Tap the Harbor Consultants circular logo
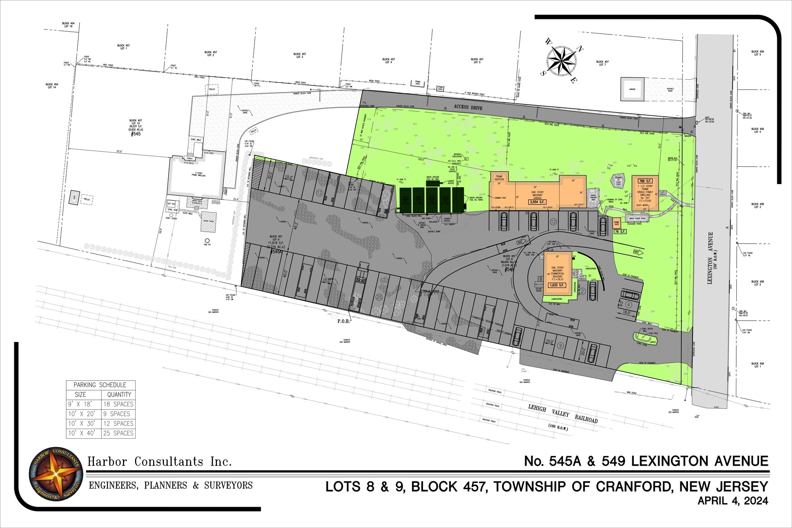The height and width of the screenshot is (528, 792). (56, 474)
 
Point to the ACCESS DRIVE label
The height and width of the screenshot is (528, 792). (468, 107)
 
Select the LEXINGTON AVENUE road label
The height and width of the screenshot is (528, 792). (710, 258)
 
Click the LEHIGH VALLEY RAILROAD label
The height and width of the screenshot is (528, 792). (563, 414)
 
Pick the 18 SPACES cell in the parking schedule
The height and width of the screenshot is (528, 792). (118, 404)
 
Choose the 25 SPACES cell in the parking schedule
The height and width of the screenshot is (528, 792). (118, 433)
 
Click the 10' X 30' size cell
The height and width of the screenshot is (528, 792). (82, 424)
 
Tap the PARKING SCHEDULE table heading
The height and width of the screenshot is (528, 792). (100, 385)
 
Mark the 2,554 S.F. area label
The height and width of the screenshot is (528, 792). (537, 202)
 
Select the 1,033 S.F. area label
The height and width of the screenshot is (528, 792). (557, 285)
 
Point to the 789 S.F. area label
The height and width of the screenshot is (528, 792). (645, 181)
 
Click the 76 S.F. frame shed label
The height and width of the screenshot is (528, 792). (620, 232)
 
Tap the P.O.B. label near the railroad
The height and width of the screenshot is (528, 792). (343, 321)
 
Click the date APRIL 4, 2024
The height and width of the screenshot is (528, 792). (732, 501)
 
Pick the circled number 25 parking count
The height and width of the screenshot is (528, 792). (379, 297)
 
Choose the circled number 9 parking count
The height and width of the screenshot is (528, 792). (560, 346)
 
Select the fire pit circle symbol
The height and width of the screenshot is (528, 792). (207, 241)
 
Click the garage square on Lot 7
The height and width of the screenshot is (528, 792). (632, 89)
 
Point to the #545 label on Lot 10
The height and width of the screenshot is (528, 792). (136, 134)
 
